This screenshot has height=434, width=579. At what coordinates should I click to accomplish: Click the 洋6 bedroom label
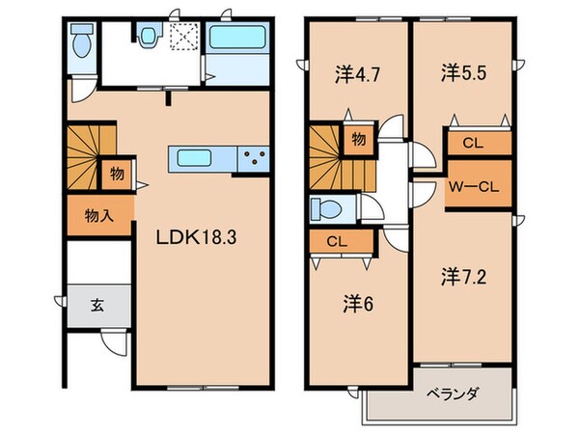coord(358,304)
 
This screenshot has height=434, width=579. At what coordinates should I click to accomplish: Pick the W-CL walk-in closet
coord(471,185)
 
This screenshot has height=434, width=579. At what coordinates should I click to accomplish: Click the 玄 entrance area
coord(97,307)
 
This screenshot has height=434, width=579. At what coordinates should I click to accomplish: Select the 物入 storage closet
coord(98,215)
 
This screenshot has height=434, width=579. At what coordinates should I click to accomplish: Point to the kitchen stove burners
coord(254,157)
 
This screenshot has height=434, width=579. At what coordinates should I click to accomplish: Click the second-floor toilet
coord(325,208)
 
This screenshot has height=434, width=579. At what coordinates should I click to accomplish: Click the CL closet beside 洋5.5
coord(472,144)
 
